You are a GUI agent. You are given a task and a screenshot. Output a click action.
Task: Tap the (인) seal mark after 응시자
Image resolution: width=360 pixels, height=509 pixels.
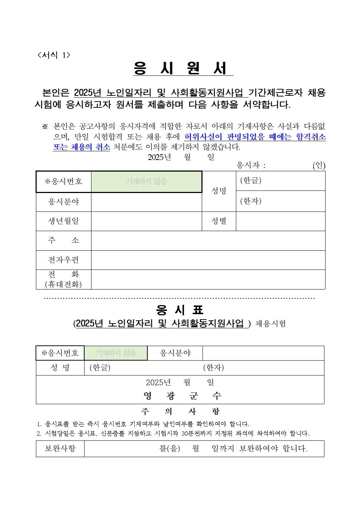[319, 165]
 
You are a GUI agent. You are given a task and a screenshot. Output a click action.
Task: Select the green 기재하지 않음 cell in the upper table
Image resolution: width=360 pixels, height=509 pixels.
[146, 181]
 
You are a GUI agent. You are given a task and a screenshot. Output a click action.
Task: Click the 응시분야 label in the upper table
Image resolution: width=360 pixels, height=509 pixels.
[64, 202]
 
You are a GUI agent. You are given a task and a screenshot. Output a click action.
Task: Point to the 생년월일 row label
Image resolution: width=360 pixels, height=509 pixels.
[64, 221]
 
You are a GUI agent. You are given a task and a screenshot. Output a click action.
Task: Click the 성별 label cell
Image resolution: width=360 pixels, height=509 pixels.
[219, 221]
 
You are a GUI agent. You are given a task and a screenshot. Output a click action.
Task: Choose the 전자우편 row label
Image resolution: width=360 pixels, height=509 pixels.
[64, 260]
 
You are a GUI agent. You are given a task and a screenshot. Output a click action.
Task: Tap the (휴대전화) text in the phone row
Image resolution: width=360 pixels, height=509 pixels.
[64, 284]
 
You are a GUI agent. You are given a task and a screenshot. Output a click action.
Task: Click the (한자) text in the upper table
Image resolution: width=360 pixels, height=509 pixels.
[251, 201]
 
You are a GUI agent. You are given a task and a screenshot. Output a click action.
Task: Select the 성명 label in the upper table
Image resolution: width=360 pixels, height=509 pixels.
[219, 191]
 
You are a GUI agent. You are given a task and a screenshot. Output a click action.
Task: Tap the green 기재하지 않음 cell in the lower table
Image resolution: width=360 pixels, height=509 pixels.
[115, 353]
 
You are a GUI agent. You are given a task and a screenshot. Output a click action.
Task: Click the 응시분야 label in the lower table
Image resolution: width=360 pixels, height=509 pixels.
[175, 353]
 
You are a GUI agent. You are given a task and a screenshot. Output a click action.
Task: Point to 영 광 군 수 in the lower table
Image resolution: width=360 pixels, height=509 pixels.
[182, 395]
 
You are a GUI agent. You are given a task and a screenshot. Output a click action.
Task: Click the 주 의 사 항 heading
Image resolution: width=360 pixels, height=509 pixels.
[180, 411]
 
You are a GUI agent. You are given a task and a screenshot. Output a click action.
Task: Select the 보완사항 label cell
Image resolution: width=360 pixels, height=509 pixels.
[60, 448]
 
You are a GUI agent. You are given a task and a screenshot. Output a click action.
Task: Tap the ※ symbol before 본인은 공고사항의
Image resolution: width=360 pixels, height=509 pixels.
[45, 127]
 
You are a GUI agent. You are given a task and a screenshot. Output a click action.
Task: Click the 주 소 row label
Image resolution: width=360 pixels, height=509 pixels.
[64, 240]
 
